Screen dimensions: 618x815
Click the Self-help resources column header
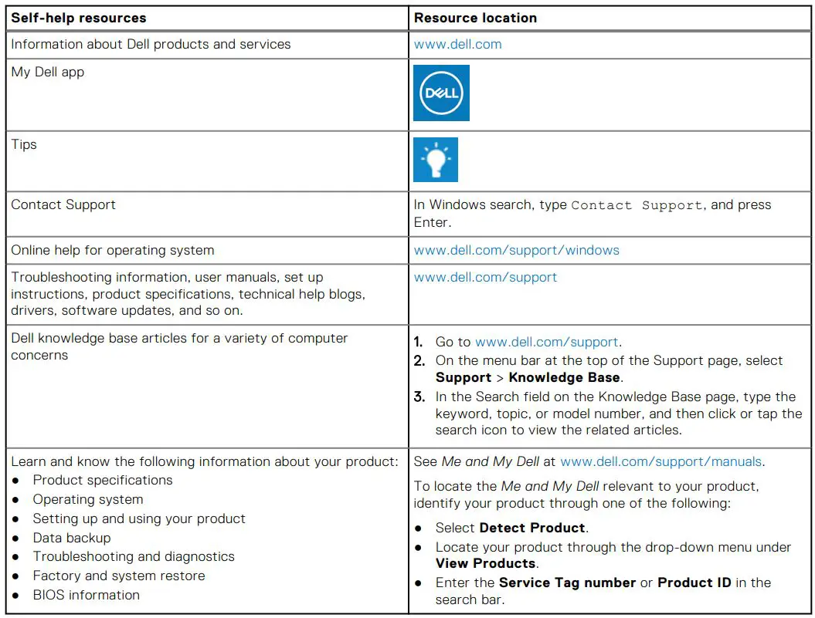[x=79, y=18]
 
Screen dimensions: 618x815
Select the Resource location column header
[x=475, y=18]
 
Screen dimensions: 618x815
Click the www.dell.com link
[x=457, y=44]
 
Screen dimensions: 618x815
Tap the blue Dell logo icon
[x=441, y=93]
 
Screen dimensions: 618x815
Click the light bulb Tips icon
[x=436, y=160]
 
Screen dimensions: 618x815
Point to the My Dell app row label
[x=48, y=72]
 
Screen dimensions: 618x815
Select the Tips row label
[x=24, y=144]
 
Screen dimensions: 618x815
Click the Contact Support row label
[x=63, y=204]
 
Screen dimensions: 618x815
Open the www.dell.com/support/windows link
[x=516, y=250]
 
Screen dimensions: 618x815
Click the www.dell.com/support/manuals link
[x=661, y=461]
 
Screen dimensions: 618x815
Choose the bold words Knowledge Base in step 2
[x=564, y=377]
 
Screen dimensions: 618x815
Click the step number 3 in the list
[x=419, y=397]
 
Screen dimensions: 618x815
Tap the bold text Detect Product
[x=532, y=528]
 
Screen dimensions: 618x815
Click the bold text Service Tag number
[x=567, y=583]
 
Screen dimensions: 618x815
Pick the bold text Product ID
[x=694, y=583]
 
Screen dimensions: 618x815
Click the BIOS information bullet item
[x=87, y=595]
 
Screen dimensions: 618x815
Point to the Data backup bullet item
[x=72, y=538]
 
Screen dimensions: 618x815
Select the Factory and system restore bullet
[x=119, y=576]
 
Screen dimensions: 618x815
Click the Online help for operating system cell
[x=113, y=250]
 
